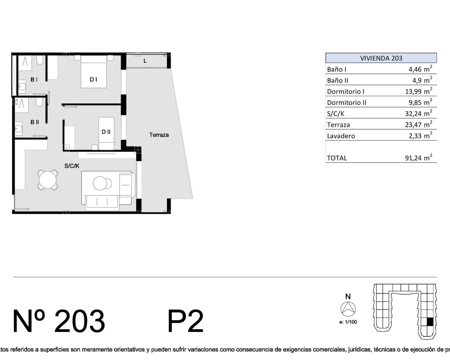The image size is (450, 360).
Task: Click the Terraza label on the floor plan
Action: click(x=159, y=135)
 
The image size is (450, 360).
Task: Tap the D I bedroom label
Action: click(x=94, y=79)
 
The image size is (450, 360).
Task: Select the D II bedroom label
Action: click(x=106, y=132)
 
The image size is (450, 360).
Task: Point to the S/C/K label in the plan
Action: click(x=72, y=166)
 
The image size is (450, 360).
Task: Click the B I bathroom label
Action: click(x=34, y=79)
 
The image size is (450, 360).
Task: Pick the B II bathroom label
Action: click(x=35, y=122)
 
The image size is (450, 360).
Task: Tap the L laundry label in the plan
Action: click(x=145, y=61)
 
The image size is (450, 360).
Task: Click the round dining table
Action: click(x=48, y=180)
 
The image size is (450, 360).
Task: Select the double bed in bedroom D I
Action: click(x=94, y=71)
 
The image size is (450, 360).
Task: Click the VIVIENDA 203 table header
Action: click(x=381, y=58)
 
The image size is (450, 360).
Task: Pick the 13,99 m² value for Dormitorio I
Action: click(x=419, y=91)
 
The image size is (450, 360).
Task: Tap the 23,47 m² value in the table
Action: click(x=419, y=124)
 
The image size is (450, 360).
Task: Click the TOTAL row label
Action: click(x=337, y=158)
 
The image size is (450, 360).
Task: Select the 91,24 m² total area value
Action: click(x=419, y=157)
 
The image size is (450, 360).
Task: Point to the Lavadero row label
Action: click(x=341, y=136)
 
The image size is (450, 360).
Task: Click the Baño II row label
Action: click(x=337, y=81)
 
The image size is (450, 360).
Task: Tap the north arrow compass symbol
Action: click(x=348, y=309)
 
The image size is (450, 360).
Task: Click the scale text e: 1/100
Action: click(x=348, y=322)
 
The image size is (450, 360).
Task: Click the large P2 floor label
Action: click(x=186, y=321)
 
